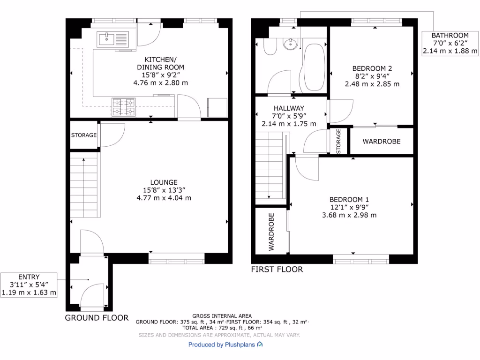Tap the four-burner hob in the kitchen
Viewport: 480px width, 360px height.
123,106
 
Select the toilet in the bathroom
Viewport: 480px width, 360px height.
270,47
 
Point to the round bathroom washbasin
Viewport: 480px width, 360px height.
292,45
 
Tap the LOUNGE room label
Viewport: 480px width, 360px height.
164,182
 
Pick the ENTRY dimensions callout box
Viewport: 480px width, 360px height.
29,285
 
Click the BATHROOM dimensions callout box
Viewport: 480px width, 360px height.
450,43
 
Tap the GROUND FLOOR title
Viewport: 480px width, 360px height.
96,318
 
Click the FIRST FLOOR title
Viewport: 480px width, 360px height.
277,270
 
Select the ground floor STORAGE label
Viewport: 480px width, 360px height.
83,135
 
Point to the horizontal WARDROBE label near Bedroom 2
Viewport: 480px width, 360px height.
382,141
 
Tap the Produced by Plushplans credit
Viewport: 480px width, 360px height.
225,345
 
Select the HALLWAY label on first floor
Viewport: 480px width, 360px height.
289,108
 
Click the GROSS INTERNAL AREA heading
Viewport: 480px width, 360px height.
222,316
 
